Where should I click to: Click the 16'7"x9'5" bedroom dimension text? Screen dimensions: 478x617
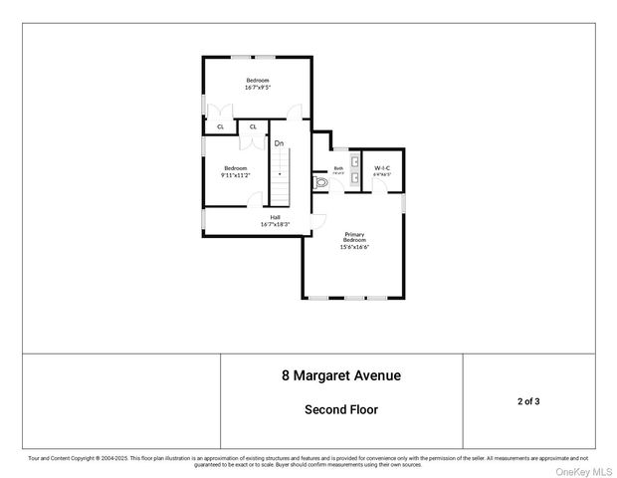[258, 88]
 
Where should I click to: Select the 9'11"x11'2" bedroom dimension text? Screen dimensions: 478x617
[235, 174]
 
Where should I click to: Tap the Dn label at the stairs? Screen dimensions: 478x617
[280, 143]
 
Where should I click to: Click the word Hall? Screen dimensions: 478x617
[275, 217]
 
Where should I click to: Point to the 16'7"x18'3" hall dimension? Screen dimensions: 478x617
[275, 224]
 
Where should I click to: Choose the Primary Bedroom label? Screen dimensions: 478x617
[354, 237]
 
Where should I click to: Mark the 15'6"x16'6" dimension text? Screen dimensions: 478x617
[354, 246]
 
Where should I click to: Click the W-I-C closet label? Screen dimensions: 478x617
[382, 167]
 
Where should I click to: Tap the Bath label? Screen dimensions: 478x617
[338, 168]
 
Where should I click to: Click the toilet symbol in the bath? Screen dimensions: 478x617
[320, 183]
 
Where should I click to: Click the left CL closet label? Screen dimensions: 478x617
[220, 126]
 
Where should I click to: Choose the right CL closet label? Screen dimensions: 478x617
[253, 126]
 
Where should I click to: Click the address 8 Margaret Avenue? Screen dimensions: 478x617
[341, 376]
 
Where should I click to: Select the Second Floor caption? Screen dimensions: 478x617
[341, 409]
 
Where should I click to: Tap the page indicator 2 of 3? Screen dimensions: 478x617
[530, 401]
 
